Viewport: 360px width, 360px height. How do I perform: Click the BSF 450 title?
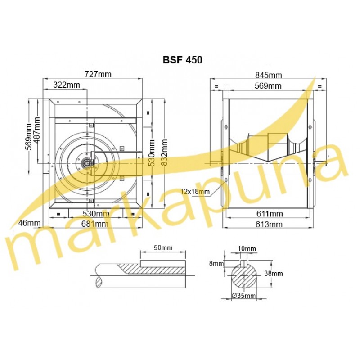point(183,60)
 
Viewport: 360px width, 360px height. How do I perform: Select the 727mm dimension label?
point(98,74)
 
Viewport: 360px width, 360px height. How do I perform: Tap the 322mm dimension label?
point(67,85)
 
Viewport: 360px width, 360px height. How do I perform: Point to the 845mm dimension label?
point(269,75)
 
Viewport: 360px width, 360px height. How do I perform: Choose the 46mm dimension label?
point(29,223)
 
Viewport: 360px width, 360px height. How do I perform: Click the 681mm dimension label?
point(95,224)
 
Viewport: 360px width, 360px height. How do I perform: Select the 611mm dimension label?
point(270,214)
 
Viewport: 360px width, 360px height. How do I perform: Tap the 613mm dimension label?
point(269,224)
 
